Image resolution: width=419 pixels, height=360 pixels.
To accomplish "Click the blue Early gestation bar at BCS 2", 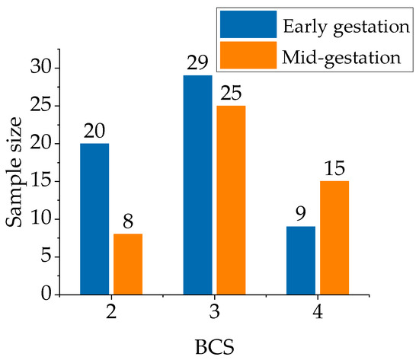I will tap(94, 218).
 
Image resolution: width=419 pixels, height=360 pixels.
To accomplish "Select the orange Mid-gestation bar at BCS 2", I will tap(127, 263).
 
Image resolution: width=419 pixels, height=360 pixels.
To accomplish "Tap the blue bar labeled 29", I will tap(198, 185).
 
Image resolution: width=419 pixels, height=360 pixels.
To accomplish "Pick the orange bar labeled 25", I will tap(231, 199).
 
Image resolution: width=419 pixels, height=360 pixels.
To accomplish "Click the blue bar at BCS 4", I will tap(302, 260).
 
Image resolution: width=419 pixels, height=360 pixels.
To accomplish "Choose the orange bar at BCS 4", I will tap(334, 237).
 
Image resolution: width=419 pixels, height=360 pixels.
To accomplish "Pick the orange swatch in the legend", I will tap(247, 56).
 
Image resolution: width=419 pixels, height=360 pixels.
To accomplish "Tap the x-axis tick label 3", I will tap(214, 313).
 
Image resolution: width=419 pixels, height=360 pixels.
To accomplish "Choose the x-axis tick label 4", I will tap(318, 313).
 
